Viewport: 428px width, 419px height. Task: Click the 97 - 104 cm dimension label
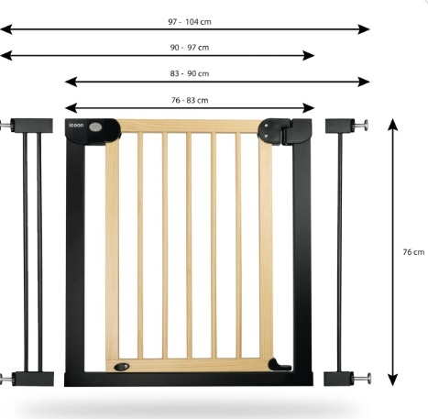coord(190,22)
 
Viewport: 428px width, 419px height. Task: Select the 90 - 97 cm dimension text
coord(190,48)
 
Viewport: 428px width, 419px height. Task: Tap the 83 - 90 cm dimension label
coord(190,73)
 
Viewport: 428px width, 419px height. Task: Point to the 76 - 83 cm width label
coord(190,100)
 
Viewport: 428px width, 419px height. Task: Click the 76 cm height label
coord(413,252)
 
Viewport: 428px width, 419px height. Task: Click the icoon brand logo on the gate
coord(76,125)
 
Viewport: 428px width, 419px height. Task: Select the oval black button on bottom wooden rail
coord(122,367)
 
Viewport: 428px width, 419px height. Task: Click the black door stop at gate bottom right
coord(280,365)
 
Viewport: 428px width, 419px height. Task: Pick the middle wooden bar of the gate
coord(189,246)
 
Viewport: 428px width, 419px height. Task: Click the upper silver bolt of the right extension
coord(361,126)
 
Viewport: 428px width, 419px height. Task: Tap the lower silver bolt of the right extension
coord(363,379)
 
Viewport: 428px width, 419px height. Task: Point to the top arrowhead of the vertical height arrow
coord(393,124)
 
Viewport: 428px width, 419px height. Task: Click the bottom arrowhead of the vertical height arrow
coord(393,380)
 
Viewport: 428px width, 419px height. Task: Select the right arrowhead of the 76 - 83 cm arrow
coord(309,108)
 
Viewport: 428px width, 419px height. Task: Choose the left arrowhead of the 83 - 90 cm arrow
coord(71,82)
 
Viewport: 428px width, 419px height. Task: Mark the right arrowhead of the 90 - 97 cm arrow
coord(309,56)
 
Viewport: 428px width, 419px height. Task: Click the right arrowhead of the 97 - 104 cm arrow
coord(364,29)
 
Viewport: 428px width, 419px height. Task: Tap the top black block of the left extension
coord(32,126)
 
